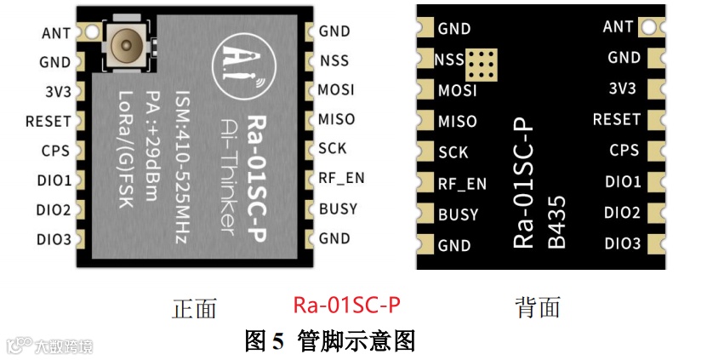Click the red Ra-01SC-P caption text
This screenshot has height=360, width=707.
[346, 304]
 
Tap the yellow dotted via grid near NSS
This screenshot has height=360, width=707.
[482, 61]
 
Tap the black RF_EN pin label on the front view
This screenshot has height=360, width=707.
[341, 178]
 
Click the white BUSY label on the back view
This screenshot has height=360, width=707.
[458, 214]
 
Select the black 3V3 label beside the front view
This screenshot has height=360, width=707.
[57, 91]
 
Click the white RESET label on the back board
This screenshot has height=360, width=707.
[616, 119]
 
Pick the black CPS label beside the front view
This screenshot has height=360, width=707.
[55, 151]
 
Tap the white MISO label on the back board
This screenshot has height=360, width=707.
[457, 122]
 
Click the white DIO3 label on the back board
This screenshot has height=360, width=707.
[623, 243]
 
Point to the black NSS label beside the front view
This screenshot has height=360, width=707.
[334, 61]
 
